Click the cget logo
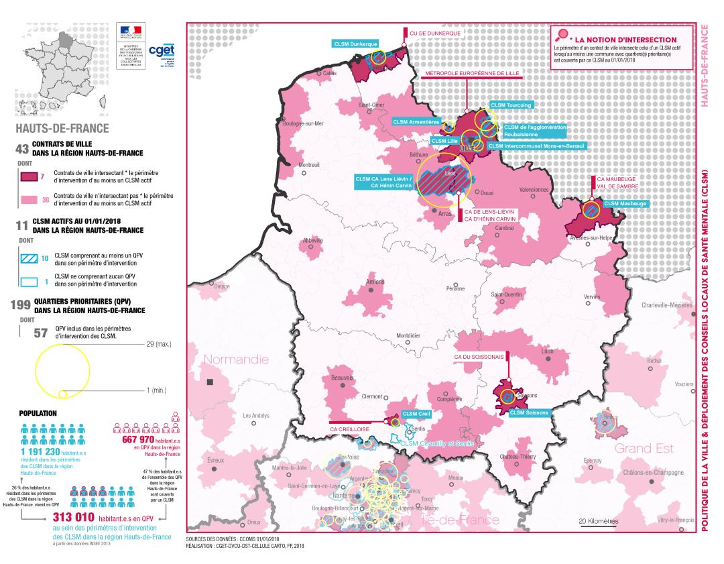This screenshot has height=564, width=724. [160, 50]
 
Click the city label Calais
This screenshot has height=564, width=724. [329, 72]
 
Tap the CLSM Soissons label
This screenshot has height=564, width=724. [528, 412]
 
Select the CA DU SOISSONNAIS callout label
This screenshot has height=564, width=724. [479, 357]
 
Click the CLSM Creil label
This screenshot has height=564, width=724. [416, 414]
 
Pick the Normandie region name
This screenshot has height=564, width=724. [236, 360]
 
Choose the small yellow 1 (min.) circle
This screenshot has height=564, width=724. [62, 393]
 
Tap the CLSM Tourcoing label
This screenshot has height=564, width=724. [511, 105]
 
